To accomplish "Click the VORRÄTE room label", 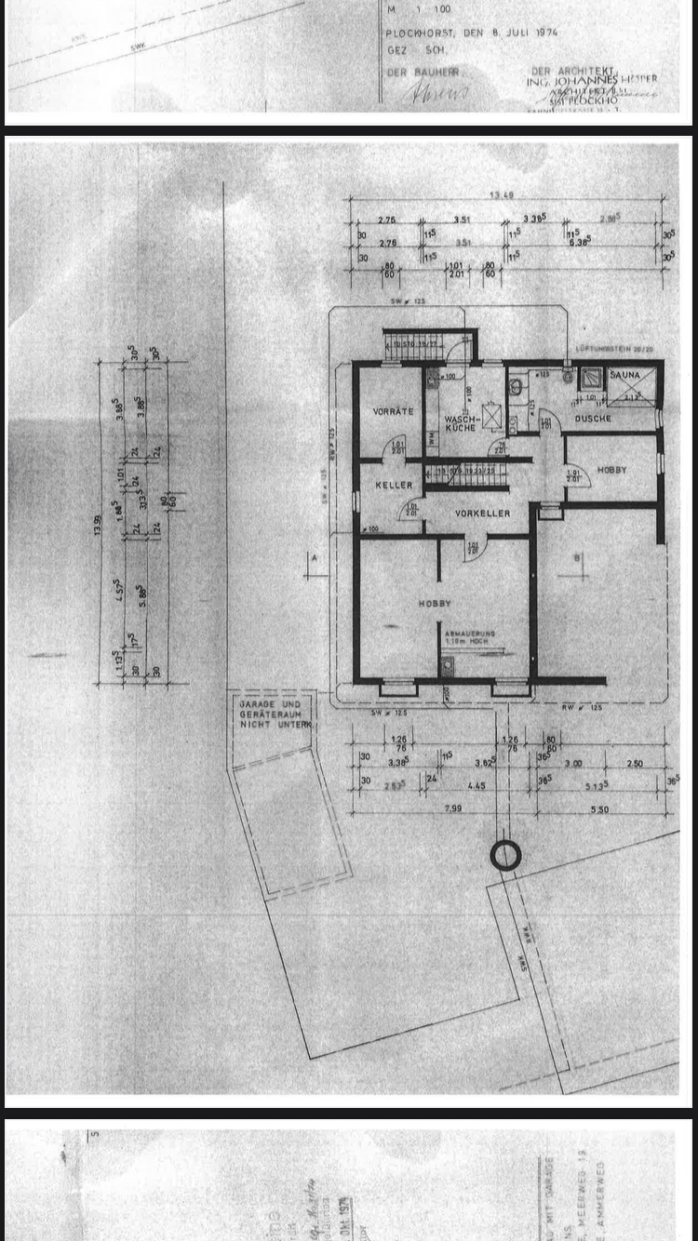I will click(393, 411).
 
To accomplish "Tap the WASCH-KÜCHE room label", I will click(461, 423).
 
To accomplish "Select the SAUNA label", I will click(624, 375).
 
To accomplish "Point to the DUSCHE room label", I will click(593, 419).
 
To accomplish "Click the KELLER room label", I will click(394, 486).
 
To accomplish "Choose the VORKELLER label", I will click(482, 514).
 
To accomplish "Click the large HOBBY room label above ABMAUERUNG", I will click(435, 604).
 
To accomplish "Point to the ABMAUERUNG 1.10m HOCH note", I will click(470, 637).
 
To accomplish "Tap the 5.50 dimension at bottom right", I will click(598, 809).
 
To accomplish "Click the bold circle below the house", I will click(505, 855).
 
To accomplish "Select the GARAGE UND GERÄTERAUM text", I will click(271, 714).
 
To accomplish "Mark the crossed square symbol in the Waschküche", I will click(492, 413).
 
